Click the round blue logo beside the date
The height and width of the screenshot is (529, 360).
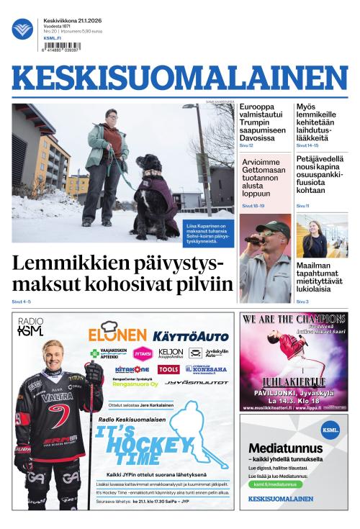pyautogui.click(x=23, y=30)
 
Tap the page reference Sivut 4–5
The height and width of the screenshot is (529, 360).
pyautogui.click(x=22, y=301)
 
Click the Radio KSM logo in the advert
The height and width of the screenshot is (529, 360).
pyautogui.click(x=30, y=327)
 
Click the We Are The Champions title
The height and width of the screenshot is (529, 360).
pyautogui.click(x=293, y=319)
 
